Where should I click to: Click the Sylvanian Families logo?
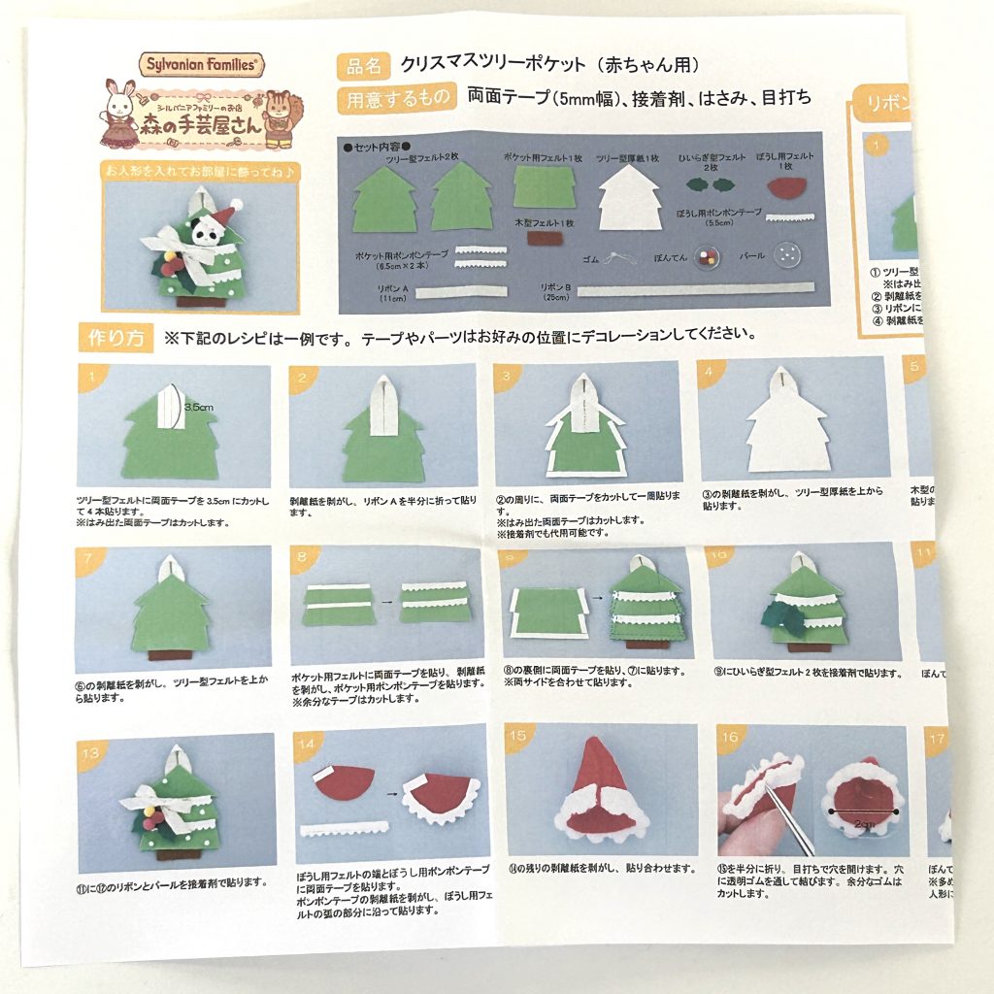pyautogui.click(x=201, y=65)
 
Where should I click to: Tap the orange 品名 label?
pyautogui.click(x=363, y=66)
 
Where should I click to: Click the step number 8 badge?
pyautogui.click(x=303, y=557)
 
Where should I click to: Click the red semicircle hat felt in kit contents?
pyautogui.click(x=789, y=183)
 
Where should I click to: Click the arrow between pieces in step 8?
pyautogui.click(x=386, y=602)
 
